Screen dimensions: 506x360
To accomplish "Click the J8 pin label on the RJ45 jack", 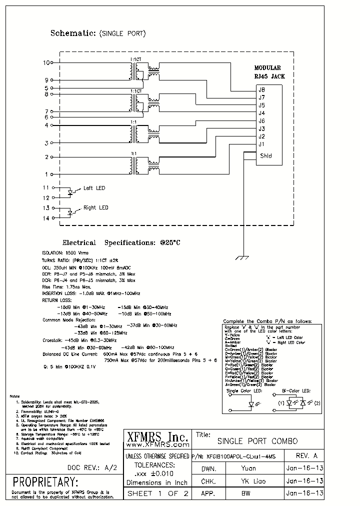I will pos(261,90).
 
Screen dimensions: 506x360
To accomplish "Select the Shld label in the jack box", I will pos(266,155).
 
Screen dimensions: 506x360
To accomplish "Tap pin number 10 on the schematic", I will pos(47,63).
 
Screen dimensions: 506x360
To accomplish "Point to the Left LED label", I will pos(94,188).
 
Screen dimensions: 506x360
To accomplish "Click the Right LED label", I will pos(96,207).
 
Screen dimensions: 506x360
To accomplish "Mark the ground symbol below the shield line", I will pos(243,258).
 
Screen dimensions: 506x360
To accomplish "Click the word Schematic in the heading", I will pos(73,33).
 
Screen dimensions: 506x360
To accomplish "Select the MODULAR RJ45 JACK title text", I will pos(267,72).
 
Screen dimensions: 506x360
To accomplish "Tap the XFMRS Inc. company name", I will pos(156,436).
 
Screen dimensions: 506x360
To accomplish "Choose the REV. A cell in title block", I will pos(306,456).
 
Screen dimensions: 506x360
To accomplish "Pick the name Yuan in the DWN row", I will pos(248,468).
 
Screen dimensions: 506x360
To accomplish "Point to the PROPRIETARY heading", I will pos(45,482).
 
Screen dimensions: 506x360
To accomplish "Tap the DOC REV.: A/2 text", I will pos(92,468).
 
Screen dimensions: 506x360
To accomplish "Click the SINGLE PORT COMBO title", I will pos(257,441).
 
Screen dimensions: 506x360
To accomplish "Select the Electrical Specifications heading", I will pos(121,242).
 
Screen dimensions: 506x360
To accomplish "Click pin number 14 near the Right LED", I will pos(46,218).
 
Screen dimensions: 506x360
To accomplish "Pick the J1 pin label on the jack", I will pos(261,144).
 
